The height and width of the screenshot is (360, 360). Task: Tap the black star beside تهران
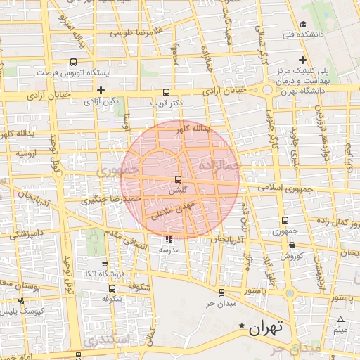[243, 326]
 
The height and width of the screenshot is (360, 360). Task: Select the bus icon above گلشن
[177, 179]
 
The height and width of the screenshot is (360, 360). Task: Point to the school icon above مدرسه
[168, 239]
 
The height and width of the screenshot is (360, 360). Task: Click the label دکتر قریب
[167, 103]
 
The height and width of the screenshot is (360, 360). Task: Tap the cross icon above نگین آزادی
[101, 90]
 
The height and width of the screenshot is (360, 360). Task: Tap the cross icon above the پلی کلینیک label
[302, 60]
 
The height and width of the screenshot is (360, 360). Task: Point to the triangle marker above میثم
[340, 320]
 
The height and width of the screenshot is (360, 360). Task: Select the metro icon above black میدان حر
[221, 292]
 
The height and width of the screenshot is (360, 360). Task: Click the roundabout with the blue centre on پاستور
[290, 293]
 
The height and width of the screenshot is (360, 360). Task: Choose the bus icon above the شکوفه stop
[112, 288]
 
